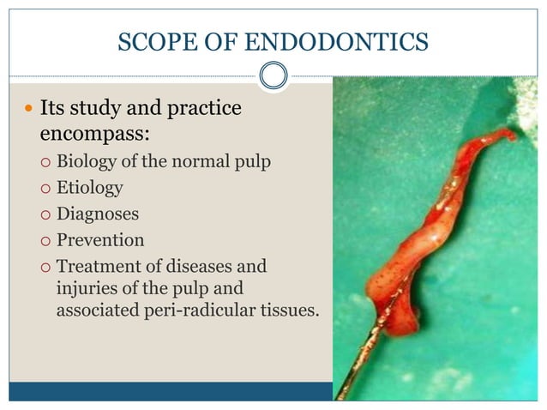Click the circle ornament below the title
[x=273, y=76]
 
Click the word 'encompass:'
[x=93, y=135]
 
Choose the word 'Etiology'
[x=89, y=187]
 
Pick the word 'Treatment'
[x=97, y=265]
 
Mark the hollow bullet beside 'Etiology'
[x=46, y=188]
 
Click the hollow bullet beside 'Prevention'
[x=46, y=240]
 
